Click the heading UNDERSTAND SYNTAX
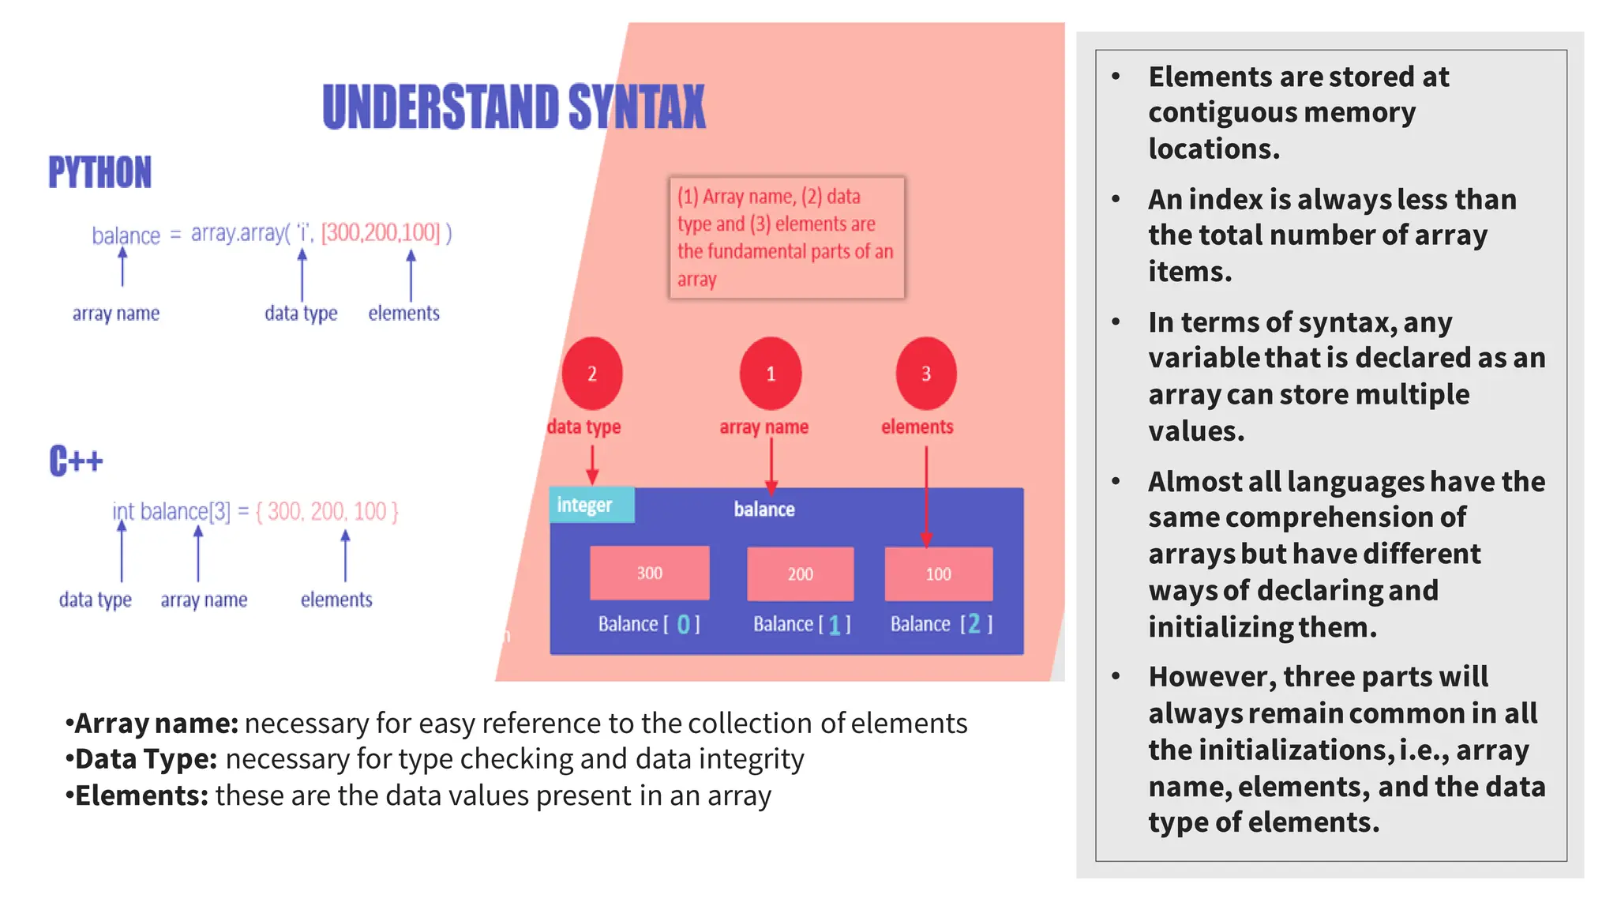coord(514,107)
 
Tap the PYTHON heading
coord(99,172)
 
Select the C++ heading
coord(76,461)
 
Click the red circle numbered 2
coord(592,374)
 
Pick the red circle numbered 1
coord(771,374)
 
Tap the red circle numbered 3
coord(926,374)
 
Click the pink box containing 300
coord(649,573)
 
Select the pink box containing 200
coord(800,573)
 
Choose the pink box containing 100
coord(938,573)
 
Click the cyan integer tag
coord(591,505)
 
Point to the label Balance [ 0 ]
coord(649,624)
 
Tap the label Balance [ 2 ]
coord(941,624)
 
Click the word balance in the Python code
coord(126,235)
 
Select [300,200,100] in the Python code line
coord(381,232)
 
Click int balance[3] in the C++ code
coord(171,512)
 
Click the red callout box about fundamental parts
coord(786,237)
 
